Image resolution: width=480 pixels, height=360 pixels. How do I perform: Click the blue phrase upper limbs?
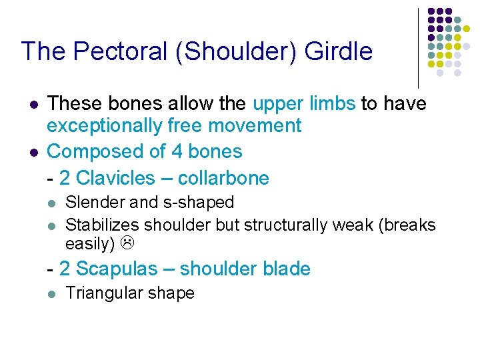304,104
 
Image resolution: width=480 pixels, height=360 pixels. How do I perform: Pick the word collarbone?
225,178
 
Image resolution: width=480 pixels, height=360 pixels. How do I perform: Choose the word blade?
287,269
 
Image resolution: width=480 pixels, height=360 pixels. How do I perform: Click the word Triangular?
104,293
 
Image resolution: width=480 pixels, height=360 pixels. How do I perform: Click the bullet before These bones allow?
31,105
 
